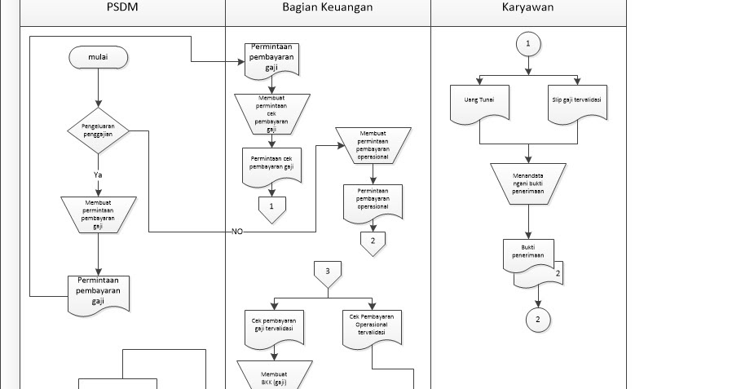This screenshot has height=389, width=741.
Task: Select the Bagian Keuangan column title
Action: (x=328, y=7)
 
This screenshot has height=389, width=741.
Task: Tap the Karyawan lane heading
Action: (x=528, y=7)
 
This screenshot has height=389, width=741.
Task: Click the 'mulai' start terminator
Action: (x=98, y=58)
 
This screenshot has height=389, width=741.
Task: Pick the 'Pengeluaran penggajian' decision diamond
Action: (x=98, y=130)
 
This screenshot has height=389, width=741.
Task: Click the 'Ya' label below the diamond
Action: (x=98, y=174)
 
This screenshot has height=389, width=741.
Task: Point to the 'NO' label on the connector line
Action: (x=237, y=232)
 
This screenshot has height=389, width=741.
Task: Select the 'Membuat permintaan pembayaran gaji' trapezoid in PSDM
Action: (x=98, y=214)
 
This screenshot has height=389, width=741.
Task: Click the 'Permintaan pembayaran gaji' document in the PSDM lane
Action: (x=98, y=294)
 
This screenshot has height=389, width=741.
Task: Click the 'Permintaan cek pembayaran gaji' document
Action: (x=271, y=166)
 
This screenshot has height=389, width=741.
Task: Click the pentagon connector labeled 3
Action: (x=328, y=274)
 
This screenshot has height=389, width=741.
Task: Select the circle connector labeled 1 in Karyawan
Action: (x=528, y=43)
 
